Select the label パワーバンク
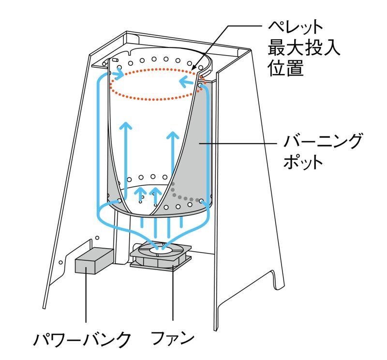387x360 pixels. [82, 340]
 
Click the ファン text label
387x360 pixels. [173, 338]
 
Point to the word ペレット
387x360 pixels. [296, 27]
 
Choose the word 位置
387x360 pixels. [286, 67]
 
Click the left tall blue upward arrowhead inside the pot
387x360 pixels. [126, 125]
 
